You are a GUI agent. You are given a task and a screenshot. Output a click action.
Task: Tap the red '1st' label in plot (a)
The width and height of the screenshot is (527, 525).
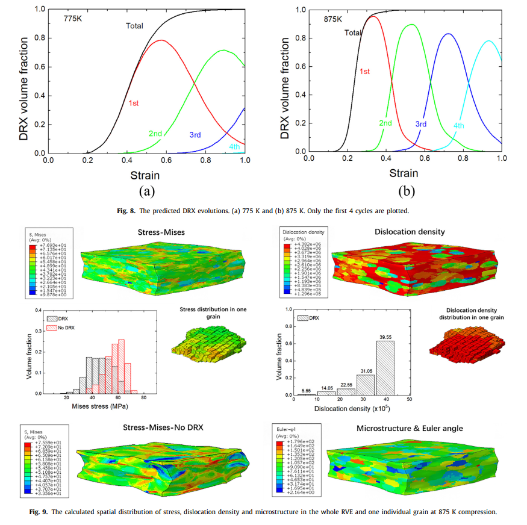coord(134,103)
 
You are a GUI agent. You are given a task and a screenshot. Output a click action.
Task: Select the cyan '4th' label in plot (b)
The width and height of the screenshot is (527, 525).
coord(459,126)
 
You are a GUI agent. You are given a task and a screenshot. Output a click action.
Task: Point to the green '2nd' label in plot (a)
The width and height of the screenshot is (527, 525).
coord(155,133)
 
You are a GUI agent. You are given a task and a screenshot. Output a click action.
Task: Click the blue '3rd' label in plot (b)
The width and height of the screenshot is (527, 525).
coord(420,124)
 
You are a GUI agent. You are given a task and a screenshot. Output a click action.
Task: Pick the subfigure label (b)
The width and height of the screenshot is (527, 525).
coord(407,191)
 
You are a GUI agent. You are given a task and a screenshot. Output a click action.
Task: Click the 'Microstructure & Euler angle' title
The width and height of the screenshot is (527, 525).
coord(410,428)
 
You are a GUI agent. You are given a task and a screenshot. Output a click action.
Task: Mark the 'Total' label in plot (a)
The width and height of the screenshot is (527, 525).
coord(134,25)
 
